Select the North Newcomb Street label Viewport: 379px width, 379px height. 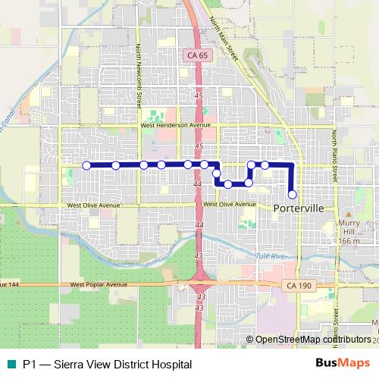tap(139, 76)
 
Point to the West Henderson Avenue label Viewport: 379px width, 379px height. tap(175, 126)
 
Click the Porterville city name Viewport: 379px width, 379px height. tap(299, 208)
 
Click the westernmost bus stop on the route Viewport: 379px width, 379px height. tap(86, 164)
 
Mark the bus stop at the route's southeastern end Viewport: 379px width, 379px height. tap(292, 194)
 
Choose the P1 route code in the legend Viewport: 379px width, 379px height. tap(29, 364)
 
